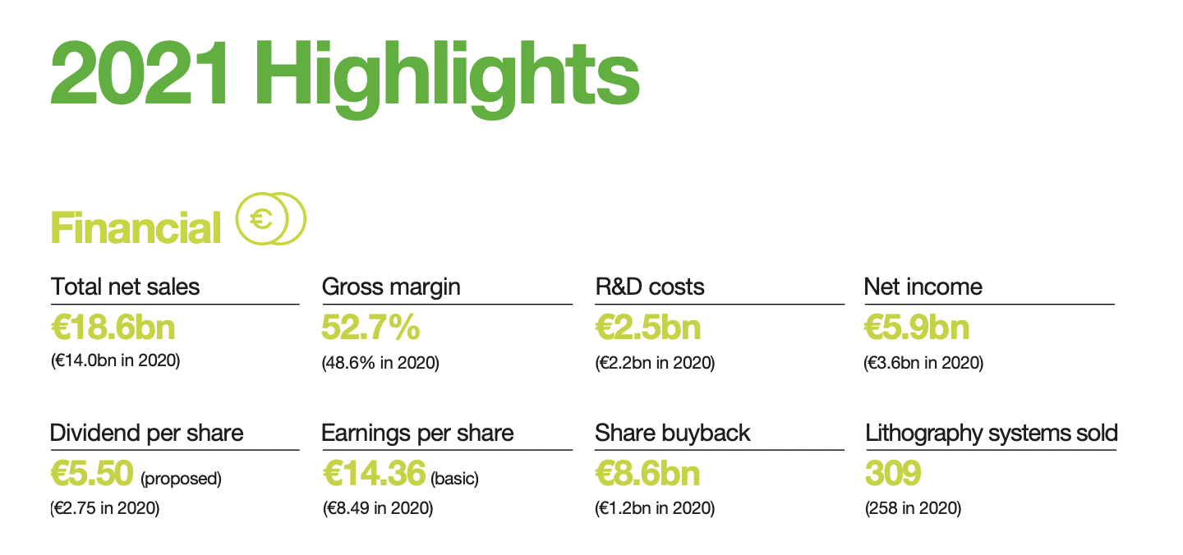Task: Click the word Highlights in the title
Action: (447, 78)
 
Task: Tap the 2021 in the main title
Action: (140, 73)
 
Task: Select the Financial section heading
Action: (136, 228)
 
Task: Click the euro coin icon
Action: (271, 219)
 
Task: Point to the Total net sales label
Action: (125, 287)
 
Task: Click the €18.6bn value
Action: (113, 327)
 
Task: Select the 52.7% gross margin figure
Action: (371, 327)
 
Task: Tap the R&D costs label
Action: (650, 287)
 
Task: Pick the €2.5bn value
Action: (648, 327)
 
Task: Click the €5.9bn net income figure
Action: (917, 327)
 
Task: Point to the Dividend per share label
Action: (147, 433)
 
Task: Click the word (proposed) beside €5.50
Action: (181, 479)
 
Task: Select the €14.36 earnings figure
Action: (374, 473)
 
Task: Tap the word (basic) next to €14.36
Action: (455, 479)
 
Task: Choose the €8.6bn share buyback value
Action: (647, 473)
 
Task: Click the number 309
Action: (893, 473)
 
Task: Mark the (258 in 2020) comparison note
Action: (914, 508)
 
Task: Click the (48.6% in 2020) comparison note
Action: (380, 363)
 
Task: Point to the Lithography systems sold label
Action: (992, 433)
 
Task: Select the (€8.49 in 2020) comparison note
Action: (378, 508)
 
